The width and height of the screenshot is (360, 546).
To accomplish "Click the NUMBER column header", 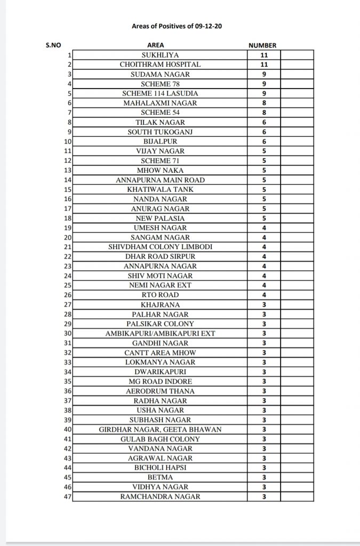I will (x=262, y=45).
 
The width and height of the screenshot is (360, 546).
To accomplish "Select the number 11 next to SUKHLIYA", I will (x=263, y=55).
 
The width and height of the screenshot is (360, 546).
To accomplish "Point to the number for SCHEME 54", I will (x=263, y=113).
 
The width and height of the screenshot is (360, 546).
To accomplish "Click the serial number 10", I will (x=67, y=141).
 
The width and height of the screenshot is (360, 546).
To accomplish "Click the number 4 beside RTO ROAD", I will (x=263, y=295).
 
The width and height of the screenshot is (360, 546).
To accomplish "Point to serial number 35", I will (x=67, y=381).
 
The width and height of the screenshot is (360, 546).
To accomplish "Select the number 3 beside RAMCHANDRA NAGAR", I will (x=263, y=496).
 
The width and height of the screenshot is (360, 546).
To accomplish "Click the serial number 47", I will (x=67, y=496).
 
